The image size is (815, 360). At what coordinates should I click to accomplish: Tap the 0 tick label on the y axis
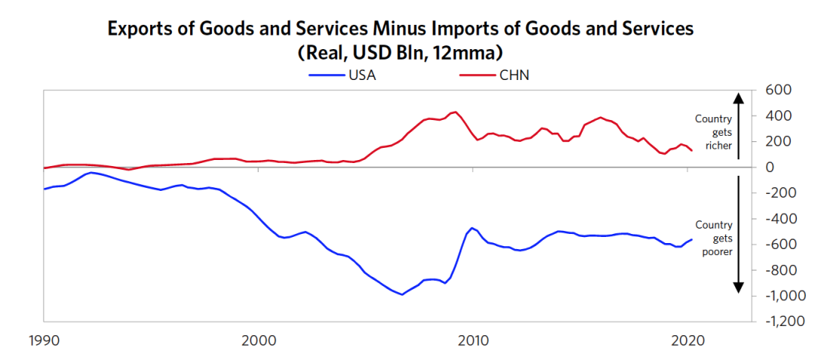pos(771,167)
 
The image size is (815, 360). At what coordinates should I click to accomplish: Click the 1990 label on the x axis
pos(44,340)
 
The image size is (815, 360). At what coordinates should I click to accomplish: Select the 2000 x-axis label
pos(259,340)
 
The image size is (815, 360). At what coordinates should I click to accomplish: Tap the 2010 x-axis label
pos(473,340)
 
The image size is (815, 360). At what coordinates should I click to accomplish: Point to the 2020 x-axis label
pos(687,340)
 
